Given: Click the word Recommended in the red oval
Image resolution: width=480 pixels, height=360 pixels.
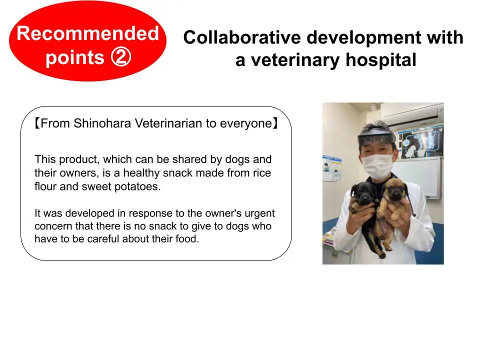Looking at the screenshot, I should click(x=87, y=34).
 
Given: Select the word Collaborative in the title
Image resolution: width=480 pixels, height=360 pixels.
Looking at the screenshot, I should click(x=241, y=38).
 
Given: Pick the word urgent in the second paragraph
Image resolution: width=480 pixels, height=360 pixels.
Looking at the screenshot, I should click(x=259, y=213).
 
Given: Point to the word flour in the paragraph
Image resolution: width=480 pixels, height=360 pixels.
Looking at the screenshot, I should click(x=45, y=186).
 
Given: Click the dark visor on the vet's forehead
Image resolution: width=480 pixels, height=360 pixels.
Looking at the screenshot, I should click(x=376, y=136).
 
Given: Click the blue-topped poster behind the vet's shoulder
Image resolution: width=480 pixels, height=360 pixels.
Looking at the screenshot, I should click(x=331, y=170).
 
